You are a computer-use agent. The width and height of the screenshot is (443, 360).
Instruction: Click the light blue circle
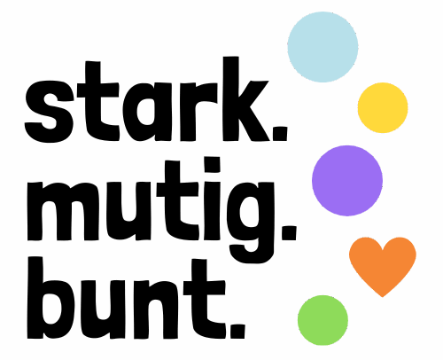pos(323,47)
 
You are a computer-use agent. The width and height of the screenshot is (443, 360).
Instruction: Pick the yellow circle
pos(383,107)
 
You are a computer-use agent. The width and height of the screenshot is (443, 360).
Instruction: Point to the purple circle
pos(347,181)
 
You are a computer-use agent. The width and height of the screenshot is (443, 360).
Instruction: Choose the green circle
pos(323,320)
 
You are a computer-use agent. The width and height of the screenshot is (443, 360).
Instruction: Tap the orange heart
pos(383,264)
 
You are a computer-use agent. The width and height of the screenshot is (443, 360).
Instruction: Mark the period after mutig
pos(289,233)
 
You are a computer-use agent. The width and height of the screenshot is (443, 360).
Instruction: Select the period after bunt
pos(237,332)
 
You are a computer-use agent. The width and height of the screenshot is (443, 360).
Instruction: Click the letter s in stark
pos(50,112)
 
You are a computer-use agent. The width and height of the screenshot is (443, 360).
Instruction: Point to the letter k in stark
pos(246,98)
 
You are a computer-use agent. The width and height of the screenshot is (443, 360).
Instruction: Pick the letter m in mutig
pos(63,211)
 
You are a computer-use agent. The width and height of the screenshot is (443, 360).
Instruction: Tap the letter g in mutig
pos(252,223)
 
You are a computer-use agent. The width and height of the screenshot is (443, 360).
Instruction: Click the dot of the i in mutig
pos(213,165)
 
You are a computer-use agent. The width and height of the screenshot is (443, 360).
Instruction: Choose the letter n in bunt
pos(156,309)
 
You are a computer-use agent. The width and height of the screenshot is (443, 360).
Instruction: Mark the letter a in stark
pos(147,112)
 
